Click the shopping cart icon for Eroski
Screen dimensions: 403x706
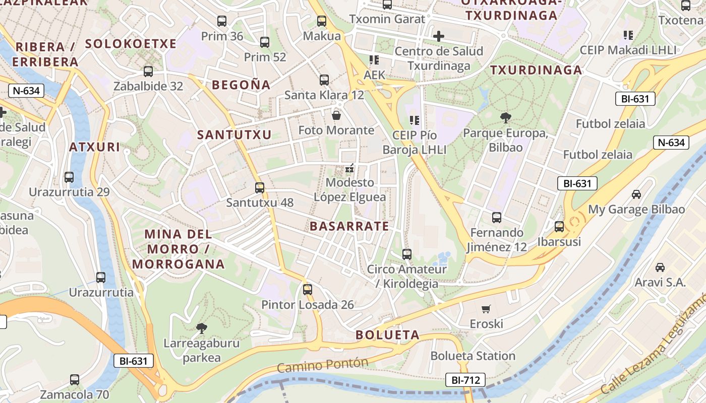[x=486, y=309]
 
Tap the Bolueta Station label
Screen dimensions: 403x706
[x=473, y=356]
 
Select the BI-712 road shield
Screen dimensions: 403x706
[x=465, y=380]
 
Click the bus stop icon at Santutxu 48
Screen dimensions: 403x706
[x=260, y=188]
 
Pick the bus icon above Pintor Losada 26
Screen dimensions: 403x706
[x=308, y=290]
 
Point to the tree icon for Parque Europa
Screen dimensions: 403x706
[x=505, y=118]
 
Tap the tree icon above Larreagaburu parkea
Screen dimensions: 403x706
[x=202, y=328]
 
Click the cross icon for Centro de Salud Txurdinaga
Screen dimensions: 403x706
[x=439, y=36]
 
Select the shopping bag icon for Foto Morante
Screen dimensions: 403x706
[x=336, y=115]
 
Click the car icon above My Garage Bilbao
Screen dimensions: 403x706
[x=636, y=194]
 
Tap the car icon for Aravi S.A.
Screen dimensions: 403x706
[x=660, y=267]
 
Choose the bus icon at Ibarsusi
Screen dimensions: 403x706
[x=559, y=227]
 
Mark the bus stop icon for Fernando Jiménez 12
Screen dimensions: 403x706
[x=497, y=218]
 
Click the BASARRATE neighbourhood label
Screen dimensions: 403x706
[x=349, y=226]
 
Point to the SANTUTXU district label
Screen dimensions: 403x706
[x=234, y=135]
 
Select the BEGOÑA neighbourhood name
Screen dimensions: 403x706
[x=241, y=85]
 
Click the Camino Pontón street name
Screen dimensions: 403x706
[x=323, y=365]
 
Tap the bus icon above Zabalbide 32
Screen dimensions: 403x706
[x=148, y=72]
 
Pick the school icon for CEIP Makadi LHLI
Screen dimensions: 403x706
[x=628, y=35]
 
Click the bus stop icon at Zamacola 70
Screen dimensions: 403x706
[x=75, y=380]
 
